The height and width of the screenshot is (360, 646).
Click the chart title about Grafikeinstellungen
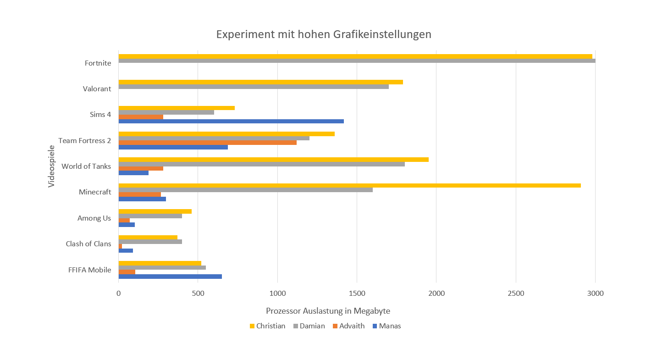coord(324,34)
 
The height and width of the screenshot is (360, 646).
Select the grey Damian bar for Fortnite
coord(357,61)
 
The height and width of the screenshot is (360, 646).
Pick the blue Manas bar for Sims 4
coord(231,121)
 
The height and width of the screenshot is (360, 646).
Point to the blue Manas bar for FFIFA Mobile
coord(170,277)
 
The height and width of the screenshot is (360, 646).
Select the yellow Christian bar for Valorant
coord(260,82)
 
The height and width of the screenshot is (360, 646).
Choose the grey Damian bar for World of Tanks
coord(261,164)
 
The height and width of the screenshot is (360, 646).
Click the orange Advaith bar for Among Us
coord(124,220)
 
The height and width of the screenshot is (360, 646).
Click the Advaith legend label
coord(352,326)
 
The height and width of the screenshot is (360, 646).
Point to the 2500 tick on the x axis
coord(516,294)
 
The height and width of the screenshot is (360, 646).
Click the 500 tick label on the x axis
coord(198,294)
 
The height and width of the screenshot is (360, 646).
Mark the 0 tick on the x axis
coord(119,294)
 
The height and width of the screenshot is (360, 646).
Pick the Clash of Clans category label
coord(88,244)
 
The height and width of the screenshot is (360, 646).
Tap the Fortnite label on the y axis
coord(98,63)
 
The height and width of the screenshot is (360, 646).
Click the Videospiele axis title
coord(51,166)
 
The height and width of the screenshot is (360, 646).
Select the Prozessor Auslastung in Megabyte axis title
coord(328,311)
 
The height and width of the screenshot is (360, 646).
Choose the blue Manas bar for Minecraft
coord(142,199)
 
